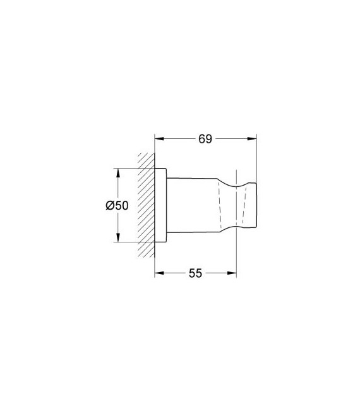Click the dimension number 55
195,273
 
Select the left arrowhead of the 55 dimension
159,273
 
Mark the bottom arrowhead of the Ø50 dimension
117,239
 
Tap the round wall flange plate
161,205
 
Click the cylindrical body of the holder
193,205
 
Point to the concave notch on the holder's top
239,183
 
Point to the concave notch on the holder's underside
239,227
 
